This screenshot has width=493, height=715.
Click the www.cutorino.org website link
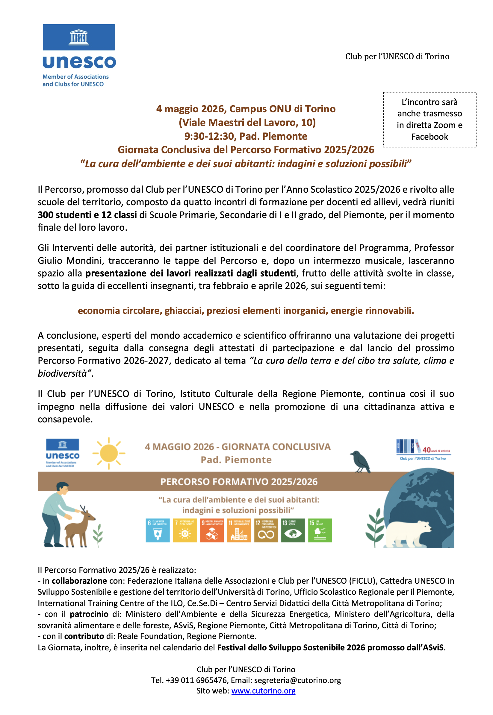coord(263,691)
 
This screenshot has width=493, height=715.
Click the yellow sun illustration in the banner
coord(109,454)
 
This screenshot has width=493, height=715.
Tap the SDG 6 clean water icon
coord(158,530)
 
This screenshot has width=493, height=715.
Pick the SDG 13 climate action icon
coord(293,530)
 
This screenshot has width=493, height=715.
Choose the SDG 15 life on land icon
coord(320,530)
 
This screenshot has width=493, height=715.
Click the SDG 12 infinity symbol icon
coord(266,530)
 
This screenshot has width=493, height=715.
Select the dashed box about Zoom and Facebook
coord(430,119)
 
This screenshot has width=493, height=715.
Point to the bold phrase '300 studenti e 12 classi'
coord(87,215)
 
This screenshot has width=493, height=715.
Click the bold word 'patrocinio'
coord(89,614)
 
